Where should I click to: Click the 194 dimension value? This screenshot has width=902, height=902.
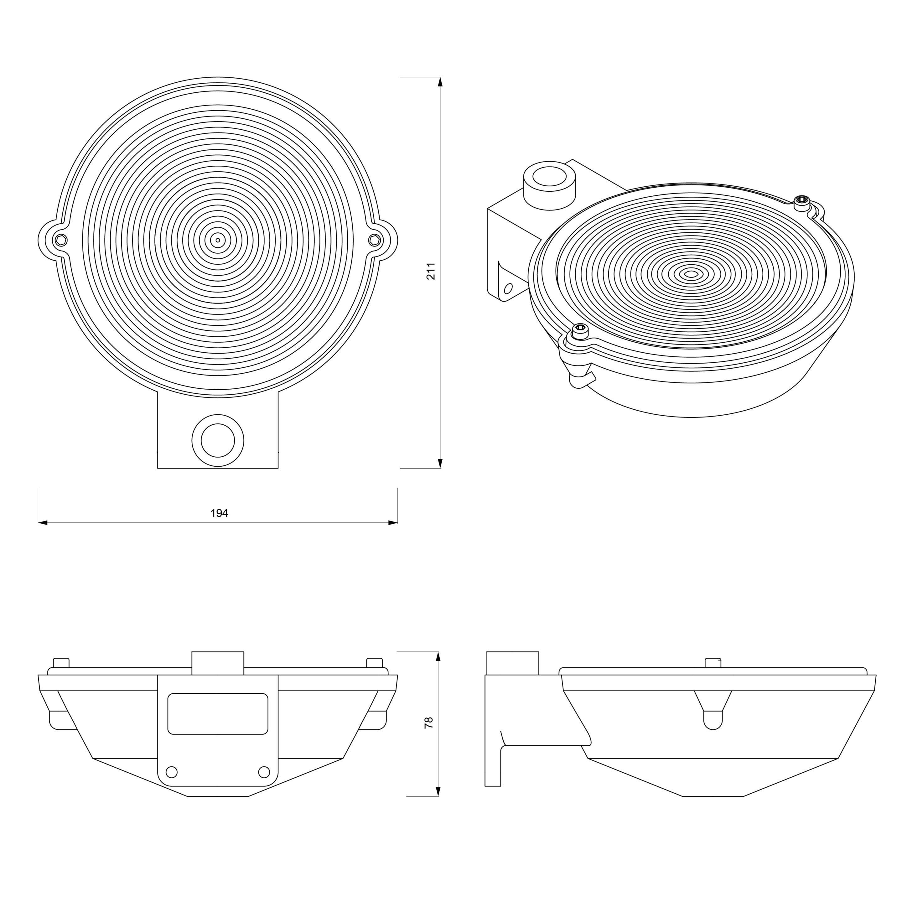pyautogui.click(x=219, y=513)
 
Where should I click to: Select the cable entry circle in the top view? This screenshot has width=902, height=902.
pyautogui.click(x=218, y=440)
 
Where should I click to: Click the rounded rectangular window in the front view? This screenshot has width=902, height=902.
pyautogui.click(x=218, y=713)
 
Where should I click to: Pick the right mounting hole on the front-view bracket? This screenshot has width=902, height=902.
pyautogui.click(x=264, y=772)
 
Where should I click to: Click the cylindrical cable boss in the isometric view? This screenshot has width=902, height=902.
pyautogui.click(x=550, y=185)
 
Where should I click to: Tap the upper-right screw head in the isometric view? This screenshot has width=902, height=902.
pyautogui.click(x=802, y=201)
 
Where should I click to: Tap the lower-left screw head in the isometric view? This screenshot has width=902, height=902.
pyautogui.click(x=580, y=330)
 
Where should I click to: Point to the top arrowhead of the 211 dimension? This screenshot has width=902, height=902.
pyautogui.click(x=440, y=82)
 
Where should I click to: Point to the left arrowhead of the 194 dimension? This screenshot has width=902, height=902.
pyautogui.click(x=43, y=522)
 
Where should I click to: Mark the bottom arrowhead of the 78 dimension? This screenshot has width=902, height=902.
pyautogui.click(x=438, y=791)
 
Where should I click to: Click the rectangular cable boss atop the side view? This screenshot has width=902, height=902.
pyautogui.click(x=513, y=663)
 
